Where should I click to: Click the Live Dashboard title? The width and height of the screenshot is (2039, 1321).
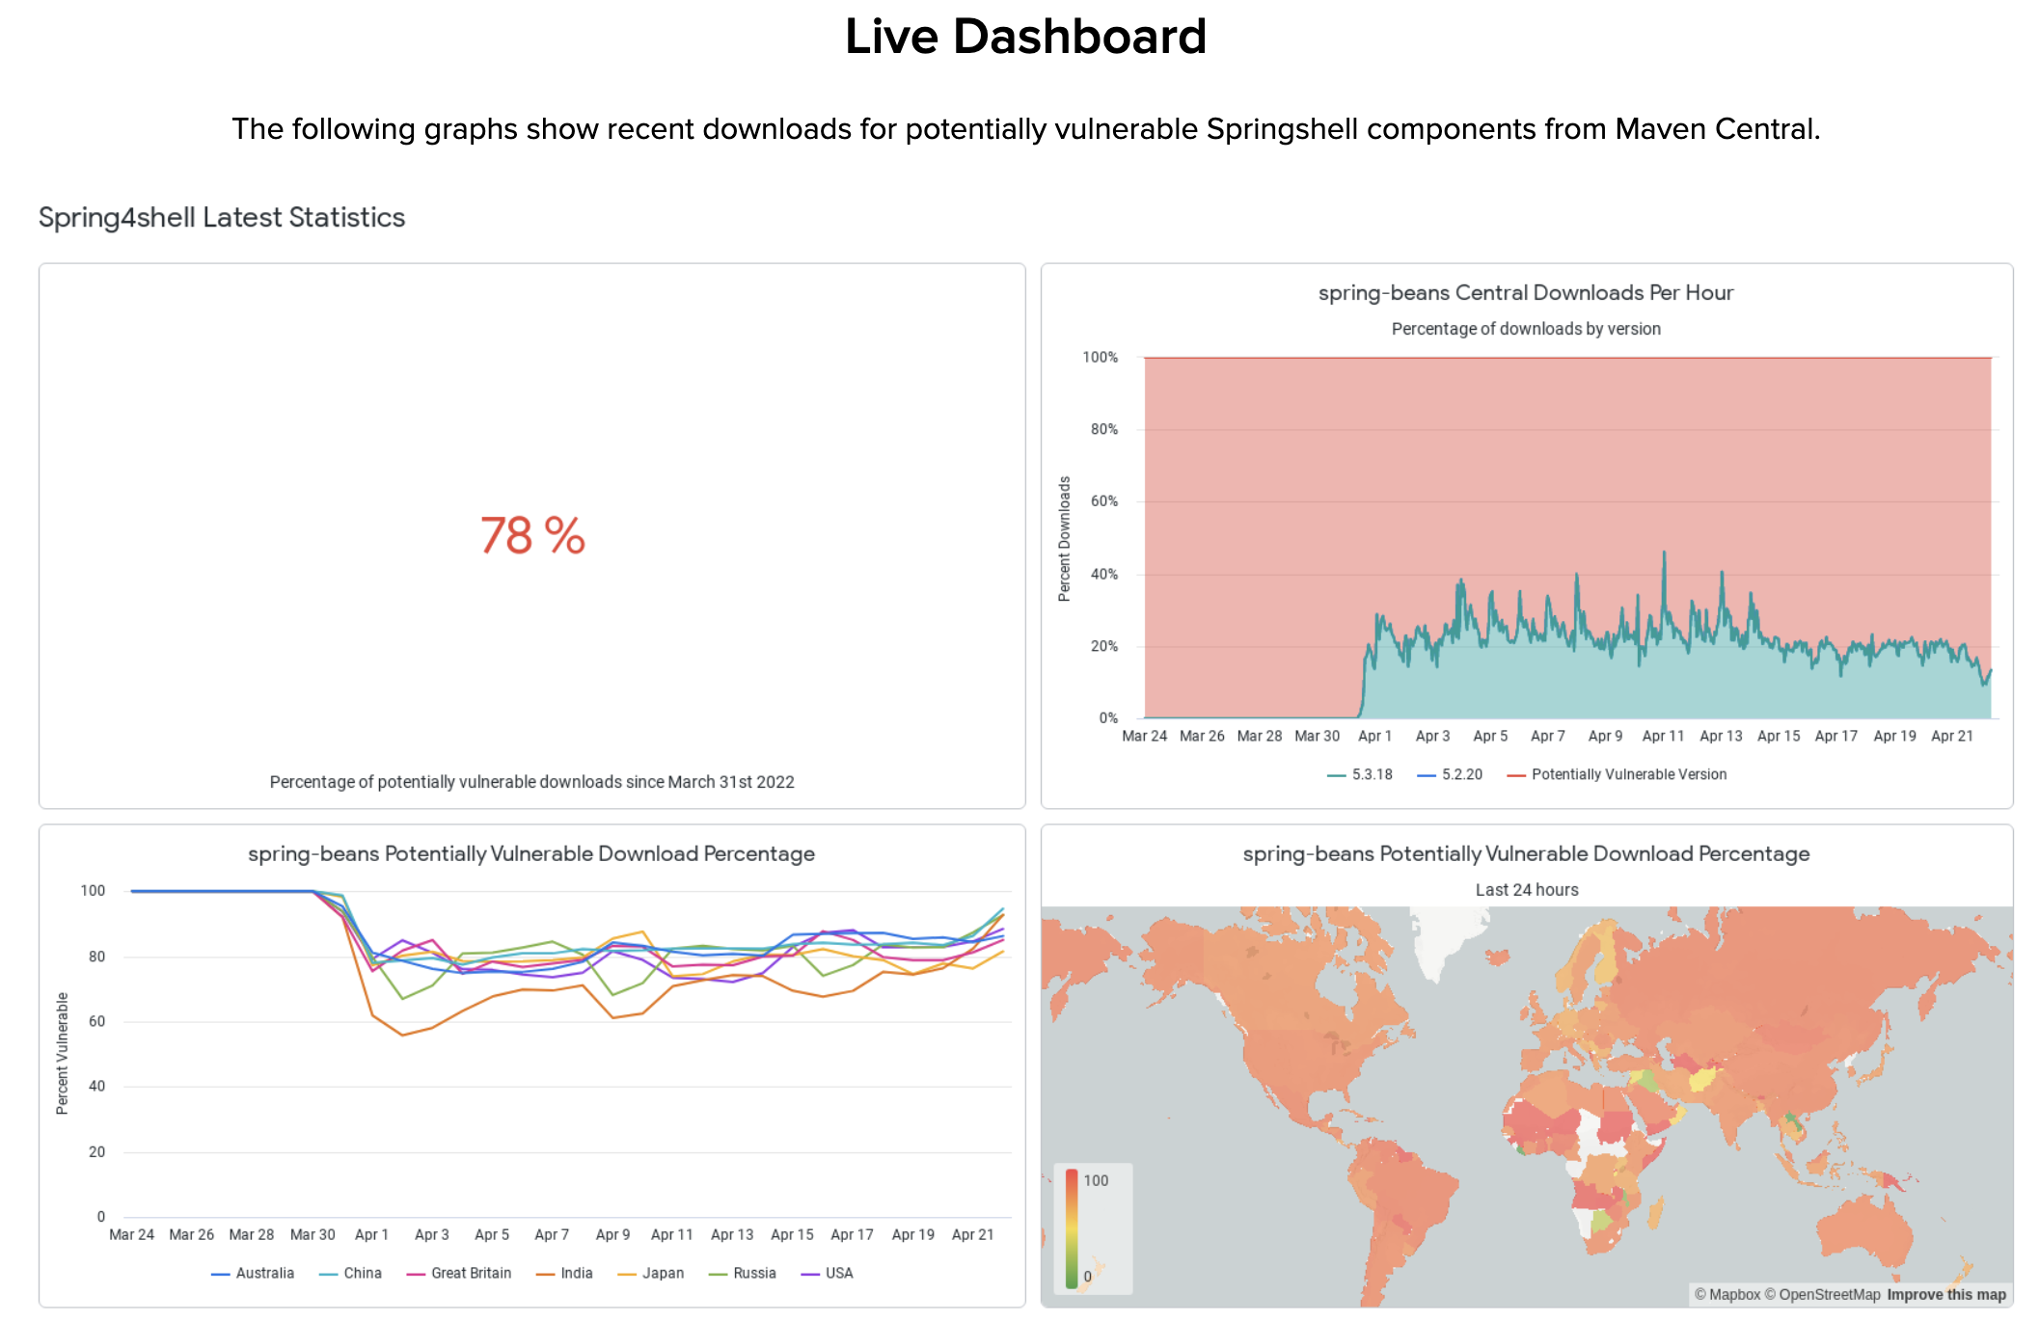click(x=1025, y=38)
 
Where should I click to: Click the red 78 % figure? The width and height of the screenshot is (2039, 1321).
click(x=532, y=535)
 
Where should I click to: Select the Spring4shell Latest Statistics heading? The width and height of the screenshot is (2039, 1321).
click(x=222, y=218)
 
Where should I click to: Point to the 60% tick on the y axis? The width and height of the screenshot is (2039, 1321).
click(x=1104, y=501)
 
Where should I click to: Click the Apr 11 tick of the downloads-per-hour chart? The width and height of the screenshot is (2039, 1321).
click(x=1663, y=736)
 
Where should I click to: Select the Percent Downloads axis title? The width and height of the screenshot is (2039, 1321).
click(x=1065, y=539)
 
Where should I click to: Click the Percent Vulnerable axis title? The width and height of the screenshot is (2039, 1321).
click(x=63, y=1053)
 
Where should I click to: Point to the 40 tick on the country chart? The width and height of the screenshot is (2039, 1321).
click(x=96, y=1086)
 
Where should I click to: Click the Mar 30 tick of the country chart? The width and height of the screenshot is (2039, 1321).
click(x=313, y=1234)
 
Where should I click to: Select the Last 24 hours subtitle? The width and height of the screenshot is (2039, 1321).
click(x=1527, y=890)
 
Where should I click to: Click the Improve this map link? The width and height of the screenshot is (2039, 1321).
click(x=1946, y=1295)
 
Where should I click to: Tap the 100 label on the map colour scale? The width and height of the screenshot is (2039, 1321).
click(x=1096, y=1180)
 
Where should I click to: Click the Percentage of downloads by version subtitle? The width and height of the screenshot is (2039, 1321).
click(x=1526, y=329)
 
